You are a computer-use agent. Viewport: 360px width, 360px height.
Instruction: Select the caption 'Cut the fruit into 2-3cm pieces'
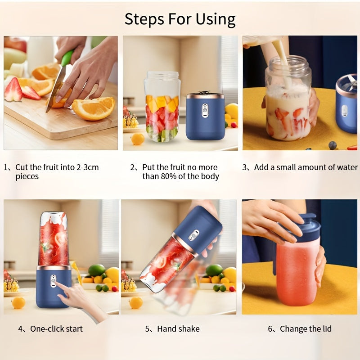click(x=57, y=171)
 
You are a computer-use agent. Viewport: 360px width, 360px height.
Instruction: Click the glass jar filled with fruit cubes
click(x=162, y=107)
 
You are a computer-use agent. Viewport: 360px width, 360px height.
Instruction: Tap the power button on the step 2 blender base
click(x=205, y=108)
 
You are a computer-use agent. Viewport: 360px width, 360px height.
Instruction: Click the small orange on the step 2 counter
click(x=137, y=139)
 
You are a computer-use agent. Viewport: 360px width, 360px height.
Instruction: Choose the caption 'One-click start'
click(x=56, y=329)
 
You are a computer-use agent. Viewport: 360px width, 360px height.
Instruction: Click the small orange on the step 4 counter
click(x=18, y=302)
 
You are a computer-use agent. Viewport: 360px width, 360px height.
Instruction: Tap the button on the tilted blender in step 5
click(x=194, y=235)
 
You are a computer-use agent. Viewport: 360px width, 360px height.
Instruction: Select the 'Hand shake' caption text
click(x=178, y=329)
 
